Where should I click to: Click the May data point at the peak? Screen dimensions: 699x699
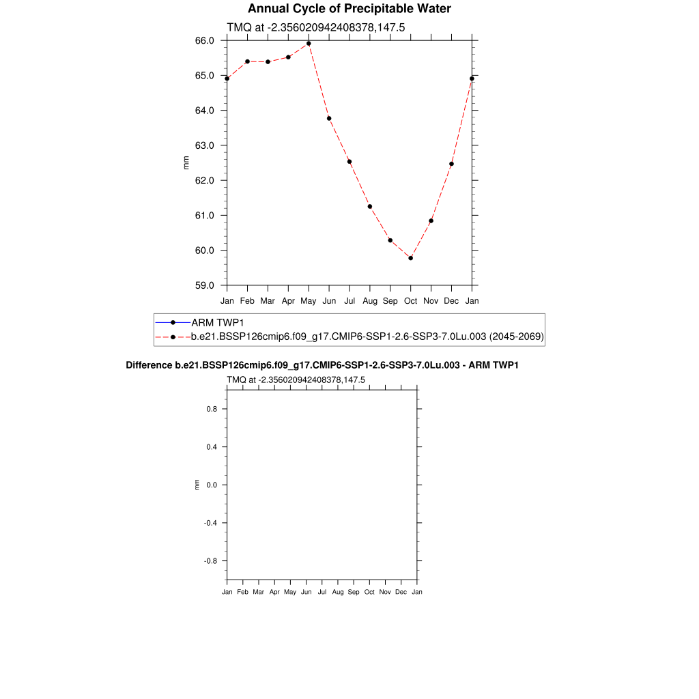(x=309, y=44)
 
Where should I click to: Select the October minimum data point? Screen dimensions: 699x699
(x=411, y=258)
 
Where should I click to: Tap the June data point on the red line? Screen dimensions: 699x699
(x=329, y=119)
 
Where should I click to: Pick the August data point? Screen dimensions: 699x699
(x=370, y=207)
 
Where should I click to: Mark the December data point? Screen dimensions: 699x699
(x=451, y=164)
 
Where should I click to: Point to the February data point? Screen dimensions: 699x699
(x=247, y=61)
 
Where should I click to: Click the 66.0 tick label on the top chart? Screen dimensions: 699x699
(x=205, y=40)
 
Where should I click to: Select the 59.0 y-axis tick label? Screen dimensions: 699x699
(x=205, y=285)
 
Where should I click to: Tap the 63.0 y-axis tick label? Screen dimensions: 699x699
(x=205, y=145)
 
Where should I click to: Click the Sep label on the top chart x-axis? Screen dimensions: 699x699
(x=390, y=300)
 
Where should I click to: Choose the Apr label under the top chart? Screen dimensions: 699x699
(x=288, y=300)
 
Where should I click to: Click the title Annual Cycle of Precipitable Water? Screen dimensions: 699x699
(x=349, y=9)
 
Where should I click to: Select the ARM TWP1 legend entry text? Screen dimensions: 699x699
(x=218, y=322)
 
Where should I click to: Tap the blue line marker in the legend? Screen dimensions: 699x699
(x=173, y=322)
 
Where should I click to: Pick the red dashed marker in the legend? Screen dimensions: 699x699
(x=173, y=337)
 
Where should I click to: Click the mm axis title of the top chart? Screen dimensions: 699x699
(x=186, y=162)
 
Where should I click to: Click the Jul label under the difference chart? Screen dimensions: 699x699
(x=322, y=592)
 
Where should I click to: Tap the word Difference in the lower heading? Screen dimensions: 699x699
(x=145, y=365)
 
